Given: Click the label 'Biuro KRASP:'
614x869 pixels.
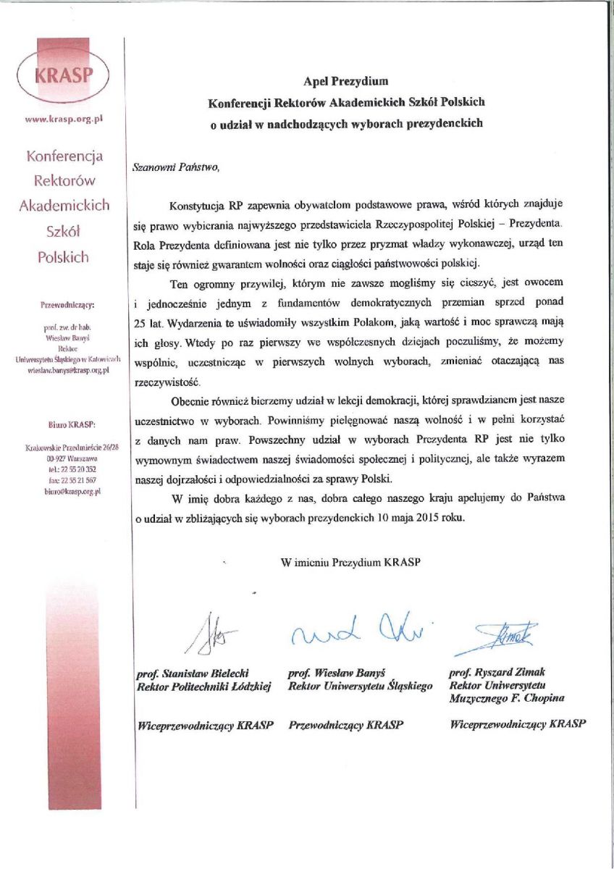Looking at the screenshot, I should point(63,424).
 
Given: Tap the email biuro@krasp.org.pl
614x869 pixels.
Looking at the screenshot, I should point(63,491).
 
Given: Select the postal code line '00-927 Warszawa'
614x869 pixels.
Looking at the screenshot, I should point(63,459).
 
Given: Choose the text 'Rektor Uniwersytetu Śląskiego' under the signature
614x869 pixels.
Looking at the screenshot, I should point(360,685).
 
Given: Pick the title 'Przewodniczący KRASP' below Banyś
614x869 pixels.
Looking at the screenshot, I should point(346,724).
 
